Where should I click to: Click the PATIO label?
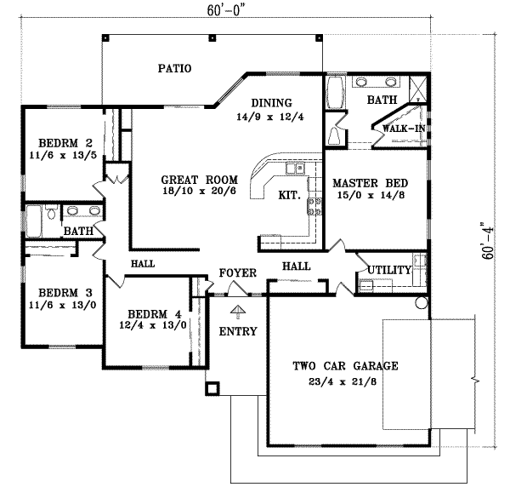coord(173,68)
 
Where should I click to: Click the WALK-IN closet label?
coord(404,128)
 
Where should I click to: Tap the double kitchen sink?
coord(295,170)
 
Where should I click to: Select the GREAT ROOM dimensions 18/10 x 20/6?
coord(198,193)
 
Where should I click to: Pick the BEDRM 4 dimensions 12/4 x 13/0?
coord(150,324)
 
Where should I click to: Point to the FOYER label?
coord(238,273)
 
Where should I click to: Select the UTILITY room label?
coord(390,270)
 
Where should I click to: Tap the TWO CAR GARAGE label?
coord(334,366)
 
